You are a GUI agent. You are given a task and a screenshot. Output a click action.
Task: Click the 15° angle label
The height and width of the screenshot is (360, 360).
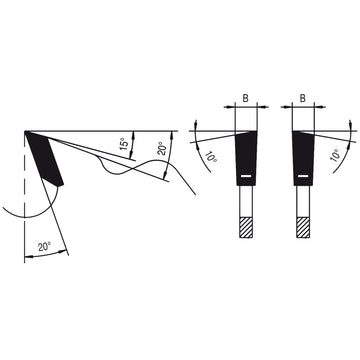point(124,144)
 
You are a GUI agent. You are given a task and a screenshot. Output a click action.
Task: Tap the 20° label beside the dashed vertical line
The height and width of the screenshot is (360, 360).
point(44,247)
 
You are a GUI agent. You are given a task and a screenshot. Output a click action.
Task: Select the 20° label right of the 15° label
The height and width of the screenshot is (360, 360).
point(162,150)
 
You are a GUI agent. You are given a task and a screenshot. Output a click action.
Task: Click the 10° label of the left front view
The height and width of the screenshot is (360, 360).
point(211,155)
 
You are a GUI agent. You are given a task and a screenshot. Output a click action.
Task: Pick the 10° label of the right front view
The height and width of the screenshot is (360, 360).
point(336,154)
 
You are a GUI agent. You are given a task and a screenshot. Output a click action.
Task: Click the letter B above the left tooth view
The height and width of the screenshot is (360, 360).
point(245,99)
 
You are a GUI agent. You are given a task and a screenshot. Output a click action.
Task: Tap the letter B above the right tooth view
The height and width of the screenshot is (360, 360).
point(303,99)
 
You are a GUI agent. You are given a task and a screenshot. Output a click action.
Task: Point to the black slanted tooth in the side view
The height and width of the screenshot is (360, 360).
point(44,159)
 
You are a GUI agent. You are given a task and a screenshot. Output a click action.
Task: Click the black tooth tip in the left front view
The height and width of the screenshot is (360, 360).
point(246,158)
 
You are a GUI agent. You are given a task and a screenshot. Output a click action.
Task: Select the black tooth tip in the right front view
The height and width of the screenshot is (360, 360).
point(304,158)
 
